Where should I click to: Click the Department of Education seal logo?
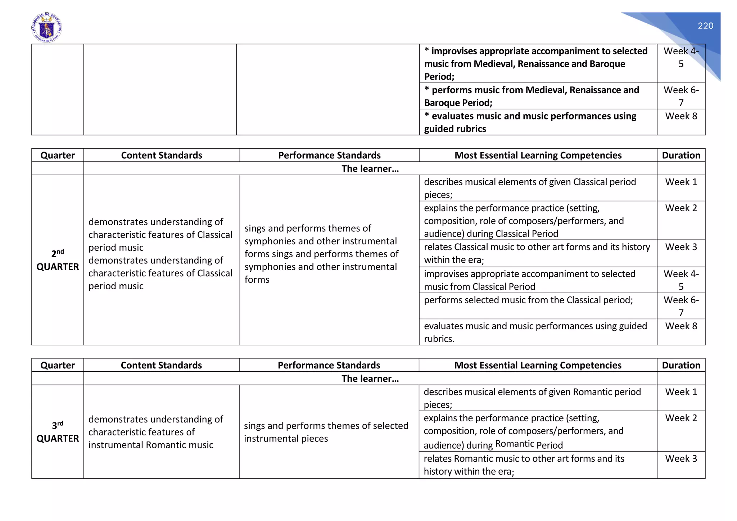[x=47, y=28]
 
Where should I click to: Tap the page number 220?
[x=705, y=26]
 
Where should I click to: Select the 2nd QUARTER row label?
[x=58, y=260]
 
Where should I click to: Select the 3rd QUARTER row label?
[x=58, y=432]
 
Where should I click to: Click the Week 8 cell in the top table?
[x=681, y=116]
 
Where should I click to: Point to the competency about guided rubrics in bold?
[x=530, y=122]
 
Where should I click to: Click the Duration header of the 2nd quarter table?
[x=681, y=155]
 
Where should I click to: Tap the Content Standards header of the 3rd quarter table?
[x=161, y=365]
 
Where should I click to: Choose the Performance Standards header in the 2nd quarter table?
[x=329, y=155]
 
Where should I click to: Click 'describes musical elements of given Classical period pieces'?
[x=530, y=188]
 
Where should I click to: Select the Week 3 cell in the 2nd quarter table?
[x=681, y=247]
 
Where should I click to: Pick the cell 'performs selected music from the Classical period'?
[x=528, y=300]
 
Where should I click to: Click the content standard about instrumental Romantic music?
[x=155, y=432]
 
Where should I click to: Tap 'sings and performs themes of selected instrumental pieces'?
[x=326, y=432]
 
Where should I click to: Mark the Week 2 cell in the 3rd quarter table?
[x=681, y=418]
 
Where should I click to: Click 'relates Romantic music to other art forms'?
[x=524, y=465]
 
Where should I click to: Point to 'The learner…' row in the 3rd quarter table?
[x=370, y=379]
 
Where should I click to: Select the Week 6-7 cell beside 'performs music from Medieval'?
[x=681, y=96]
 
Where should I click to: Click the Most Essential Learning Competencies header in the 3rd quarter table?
[x=538, y=365]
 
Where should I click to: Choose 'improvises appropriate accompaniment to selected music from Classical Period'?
[x=529, y=280]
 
